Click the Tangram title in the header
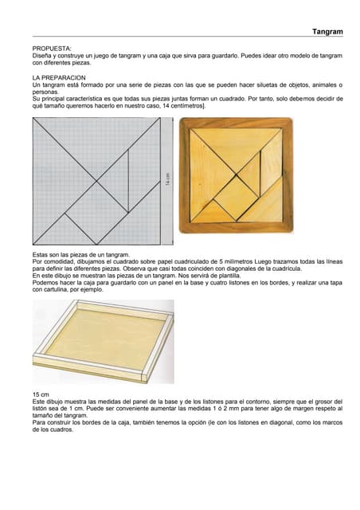click(x=327, y=32)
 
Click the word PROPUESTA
click(x=52, y=49)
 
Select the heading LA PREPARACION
click(x=59, y=78)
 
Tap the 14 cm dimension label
click(x=167, y=178)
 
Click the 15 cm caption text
click(x=41, y=394)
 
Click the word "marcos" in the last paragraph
click(x=334, y=422)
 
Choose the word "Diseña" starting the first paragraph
click(x=41, y=56)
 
